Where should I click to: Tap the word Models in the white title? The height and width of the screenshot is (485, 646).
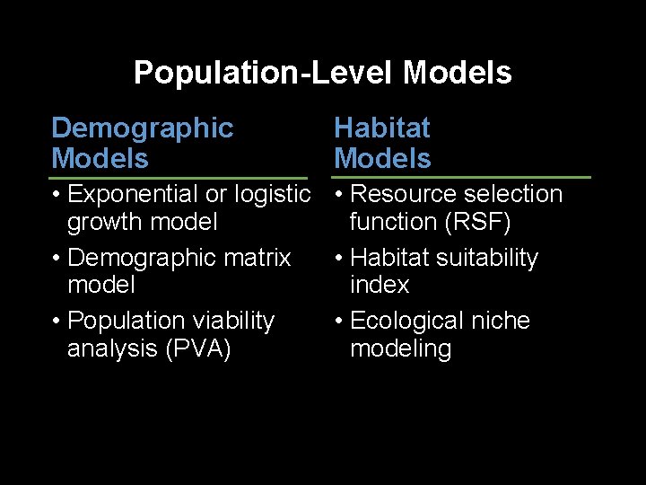click(x=458, y=73)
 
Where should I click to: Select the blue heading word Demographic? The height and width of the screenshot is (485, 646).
click(x=142, y=128)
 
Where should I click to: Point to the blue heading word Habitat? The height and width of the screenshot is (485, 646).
click(x=381, y=128)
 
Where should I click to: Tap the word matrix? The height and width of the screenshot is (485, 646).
click(x=258, y=258)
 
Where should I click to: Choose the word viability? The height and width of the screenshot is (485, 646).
click(x=231, y=321)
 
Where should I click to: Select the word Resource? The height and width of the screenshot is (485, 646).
click(x=403, y=194)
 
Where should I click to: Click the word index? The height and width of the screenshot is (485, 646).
click(x=380, y=285)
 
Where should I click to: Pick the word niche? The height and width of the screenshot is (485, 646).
click(x=501, y=321)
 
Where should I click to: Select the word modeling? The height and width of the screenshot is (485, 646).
click(x=400, y=348)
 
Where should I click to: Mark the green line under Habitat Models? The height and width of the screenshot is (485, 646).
click(x=461, y=178)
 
